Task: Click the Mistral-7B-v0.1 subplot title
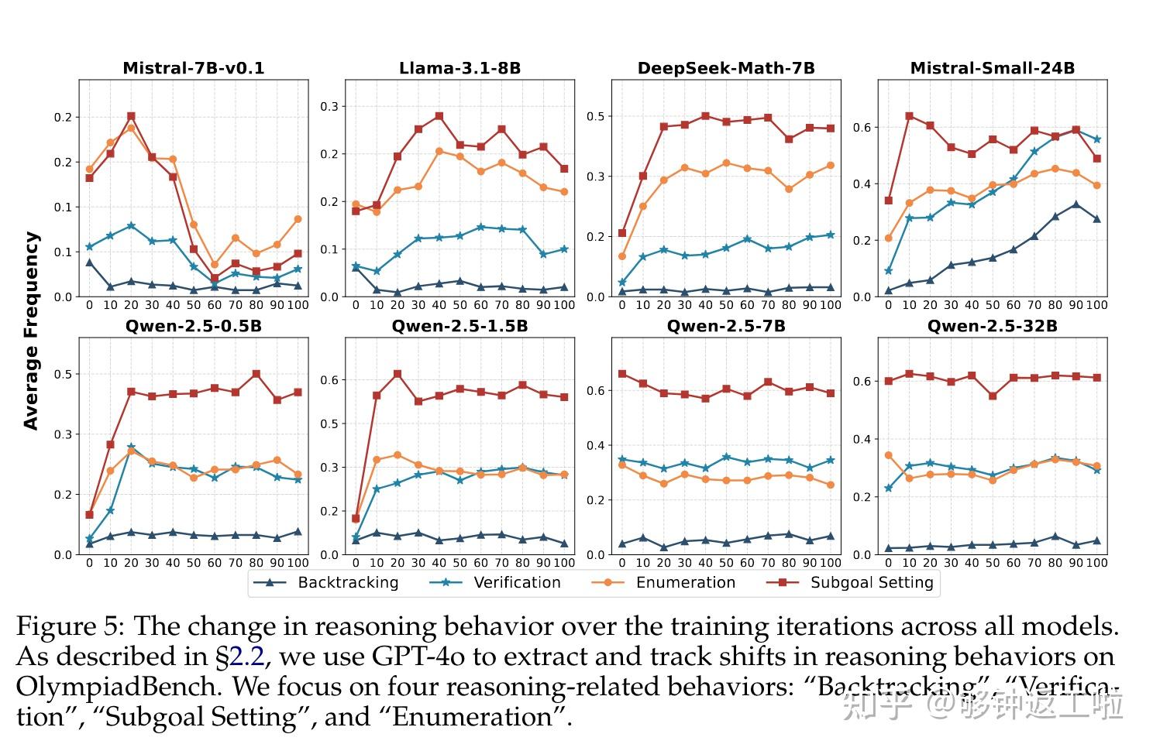(x=194, y=68)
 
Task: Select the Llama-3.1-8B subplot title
(x=459, y=68)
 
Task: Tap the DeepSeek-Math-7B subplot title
(x=726, y=68)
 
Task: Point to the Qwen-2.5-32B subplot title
(x=992, y=326)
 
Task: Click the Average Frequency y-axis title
(x=31, y=331)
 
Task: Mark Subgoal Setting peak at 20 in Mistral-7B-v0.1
(x=131, y=116)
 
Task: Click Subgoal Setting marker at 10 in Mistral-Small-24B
(x=909, y=116)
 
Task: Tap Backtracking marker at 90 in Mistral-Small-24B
(x=1076, y=204)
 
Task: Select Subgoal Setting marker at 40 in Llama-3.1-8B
(x=439, y=116)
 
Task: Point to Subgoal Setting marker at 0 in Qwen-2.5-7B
(x=622, y=374)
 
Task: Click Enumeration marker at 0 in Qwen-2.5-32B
(x=888, y=455)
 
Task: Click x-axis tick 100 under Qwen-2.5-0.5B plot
(x=298, y=563)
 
